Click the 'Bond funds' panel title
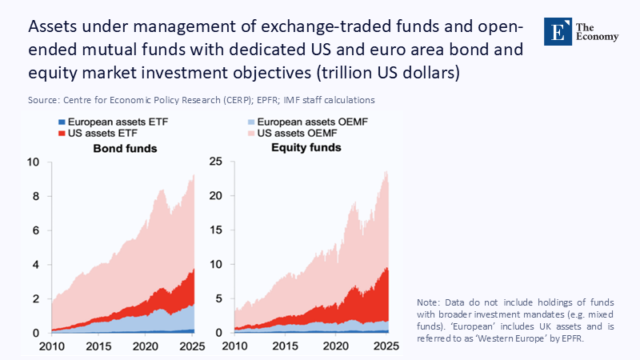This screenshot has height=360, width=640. (125, 149)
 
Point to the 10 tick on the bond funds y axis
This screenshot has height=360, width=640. (33, 162)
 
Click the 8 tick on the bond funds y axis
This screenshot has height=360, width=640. (36, 197)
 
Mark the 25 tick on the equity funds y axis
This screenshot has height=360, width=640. (217, 162)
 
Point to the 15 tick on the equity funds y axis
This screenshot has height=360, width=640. (217, 230)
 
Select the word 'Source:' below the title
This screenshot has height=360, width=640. (44, 100)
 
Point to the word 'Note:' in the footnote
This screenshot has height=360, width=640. (430, 302)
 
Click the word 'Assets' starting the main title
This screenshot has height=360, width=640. (54, 26)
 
